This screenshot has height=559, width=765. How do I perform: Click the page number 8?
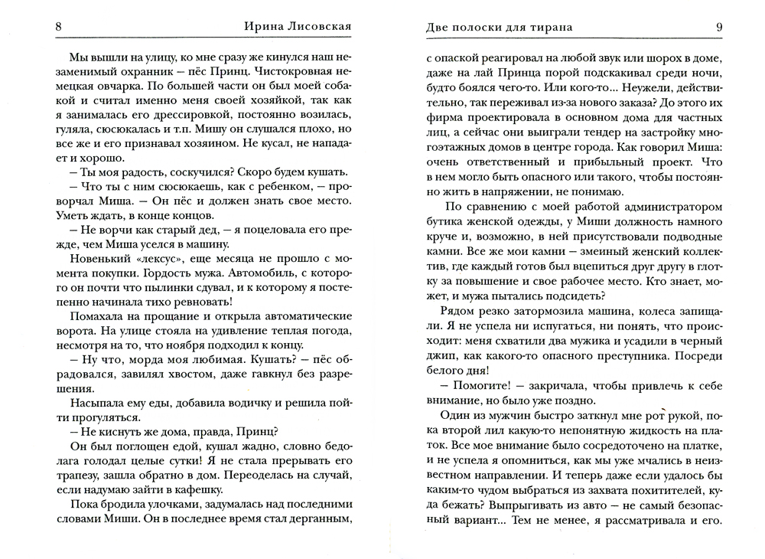click(x=60, y=28)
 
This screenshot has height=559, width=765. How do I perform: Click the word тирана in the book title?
click(x=548, y=28)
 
